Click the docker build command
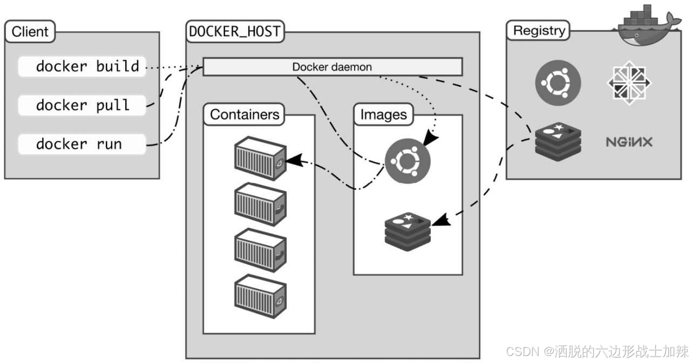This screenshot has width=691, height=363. (87, 66)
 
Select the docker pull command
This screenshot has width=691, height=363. (83, 105)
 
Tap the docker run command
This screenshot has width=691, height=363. (79, 144)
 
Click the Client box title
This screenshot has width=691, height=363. (30, 31)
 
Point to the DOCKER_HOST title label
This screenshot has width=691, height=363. (235, 31)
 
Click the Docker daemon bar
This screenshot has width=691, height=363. (332, 67)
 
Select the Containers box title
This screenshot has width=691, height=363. (245, 114)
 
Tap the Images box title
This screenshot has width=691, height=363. (383, 114)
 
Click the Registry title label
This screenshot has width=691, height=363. (538, 30)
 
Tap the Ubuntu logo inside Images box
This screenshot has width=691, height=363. (408, 160)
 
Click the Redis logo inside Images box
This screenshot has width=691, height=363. (408, 232)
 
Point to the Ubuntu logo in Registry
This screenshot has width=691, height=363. (558, 82)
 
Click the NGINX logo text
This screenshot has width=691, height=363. (629, 142)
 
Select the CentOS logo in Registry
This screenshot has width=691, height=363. (629, 83)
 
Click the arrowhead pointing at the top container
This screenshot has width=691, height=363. (292, 160)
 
